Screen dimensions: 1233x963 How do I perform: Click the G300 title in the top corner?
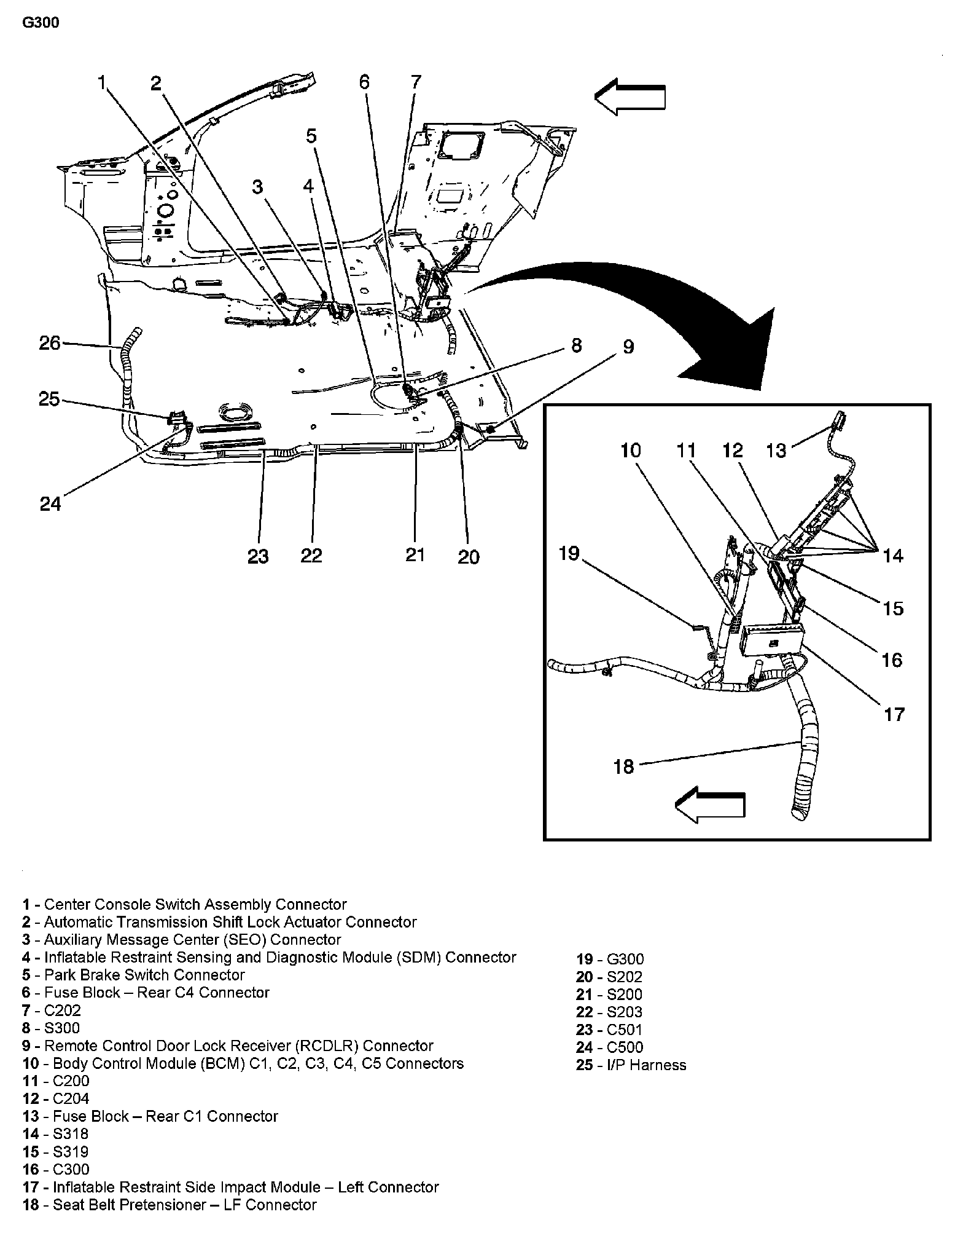tap(41, 23)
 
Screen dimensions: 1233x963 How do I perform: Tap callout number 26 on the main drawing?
tap(50, 342)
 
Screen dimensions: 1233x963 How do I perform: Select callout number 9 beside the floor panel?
tap(628, 347)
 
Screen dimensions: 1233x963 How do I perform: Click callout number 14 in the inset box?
tap(893, 556)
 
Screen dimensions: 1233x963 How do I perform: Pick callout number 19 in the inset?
tap(569, 554)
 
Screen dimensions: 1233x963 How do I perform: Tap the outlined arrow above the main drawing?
tap(630, 98)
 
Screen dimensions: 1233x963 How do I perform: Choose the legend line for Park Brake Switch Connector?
tap(134, 975)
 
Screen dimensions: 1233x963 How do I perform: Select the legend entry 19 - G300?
tap(610, 959)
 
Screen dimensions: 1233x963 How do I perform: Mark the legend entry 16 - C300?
tap(56, 1169)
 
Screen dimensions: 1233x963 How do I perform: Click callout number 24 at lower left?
tap(50, 504)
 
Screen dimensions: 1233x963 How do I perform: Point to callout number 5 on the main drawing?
tap(312, 136)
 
